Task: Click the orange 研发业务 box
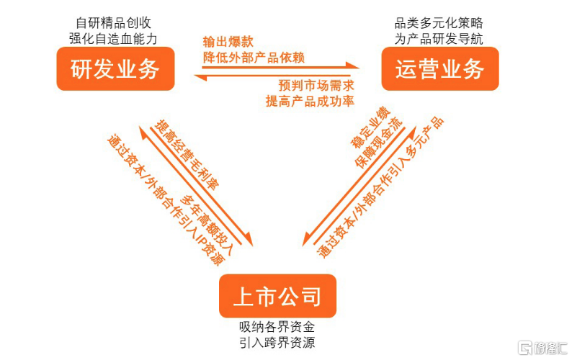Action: pyautogui.click(x=115, y=68)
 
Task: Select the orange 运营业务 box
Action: pyautogui.click(x=440, y=68)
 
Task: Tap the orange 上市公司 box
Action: pyautogui.click(x=277, y=296)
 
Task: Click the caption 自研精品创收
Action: pyautogui.click(x=113, y=23)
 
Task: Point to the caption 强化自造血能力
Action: pyautogui.click(x=113, y=39)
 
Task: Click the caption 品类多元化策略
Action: pyautogui.click(x=439, y=23)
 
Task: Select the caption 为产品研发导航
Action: pyautogui.click(x=439, y=39)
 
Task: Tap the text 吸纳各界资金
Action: pyautogui.click(x=277, y=326)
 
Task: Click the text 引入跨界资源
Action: pyautogui.click(x=277, y=343)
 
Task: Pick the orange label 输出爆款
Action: pyautogui.click(x=228, y=42)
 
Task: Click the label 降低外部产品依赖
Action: pyautogui.click(x=254, y=58)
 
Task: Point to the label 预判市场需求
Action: pyautogui.click(x=316, y=86)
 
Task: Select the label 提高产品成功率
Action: pyautogui.click(x=310, y=101)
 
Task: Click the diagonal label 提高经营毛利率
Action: pyautogui.click(x=187, y=155)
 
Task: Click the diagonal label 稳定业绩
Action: pyautogui.click(x=370, y=127)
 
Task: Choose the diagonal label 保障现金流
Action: pyautogui.click(x=379, y=143)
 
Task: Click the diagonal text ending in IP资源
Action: pyautogui.click(x=165, y=200)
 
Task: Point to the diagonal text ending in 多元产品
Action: pyautogui.click(x=381, y=187)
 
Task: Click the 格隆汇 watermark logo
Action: pyautogui.click(x=542, y=348)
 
